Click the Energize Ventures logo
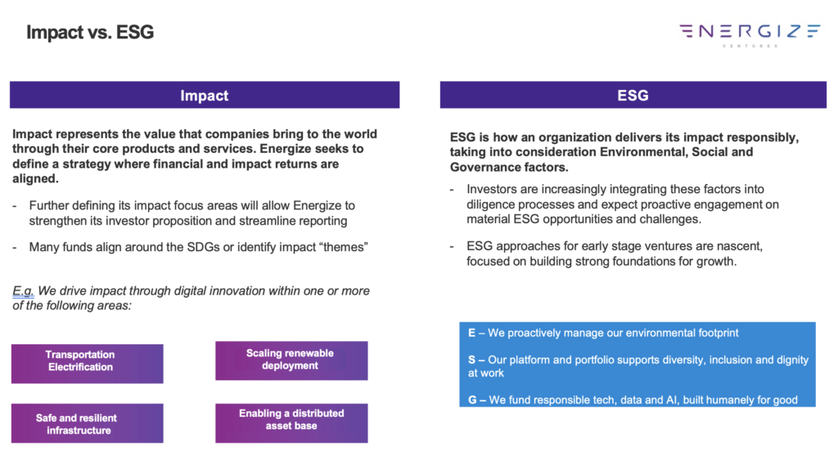coord(750,34)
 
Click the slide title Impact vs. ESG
coord(90,32)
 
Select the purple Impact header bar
coord(205,95)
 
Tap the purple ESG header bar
coord(633,95)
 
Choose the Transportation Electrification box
coord(87,363)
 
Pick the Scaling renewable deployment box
coord(291,361)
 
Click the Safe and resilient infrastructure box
coord(87,424)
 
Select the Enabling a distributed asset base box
coord(291,424)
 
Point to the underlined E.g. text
coord(23,291)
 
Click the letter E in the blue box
coord(471,333)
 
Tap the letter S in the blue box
coord(471,360)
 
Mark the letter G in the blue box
coord(472,400)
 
